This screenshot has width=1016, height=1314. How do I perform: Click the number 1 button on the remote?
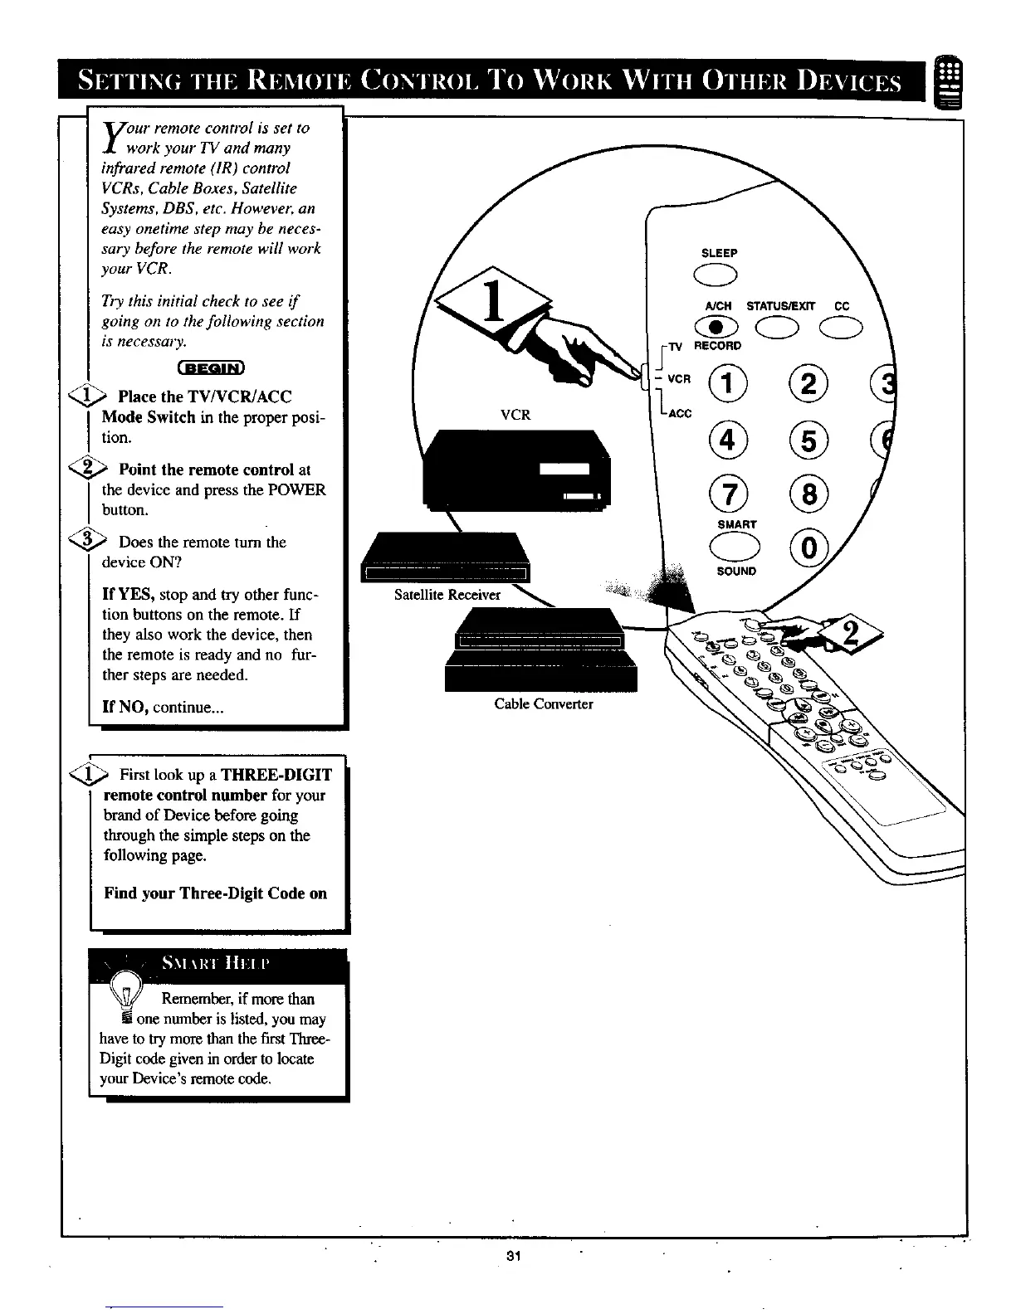point(728,383)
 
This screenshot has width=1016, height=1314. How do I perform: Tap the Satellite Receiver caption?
point(447,595)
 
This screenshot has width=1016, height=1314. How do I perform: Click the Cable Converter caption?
point(544,704)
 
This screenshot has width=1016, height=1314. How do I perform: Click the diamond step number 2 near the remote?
point(849,635)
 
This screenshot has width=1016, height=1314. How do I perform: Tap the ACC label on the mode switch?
point(680,413)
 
